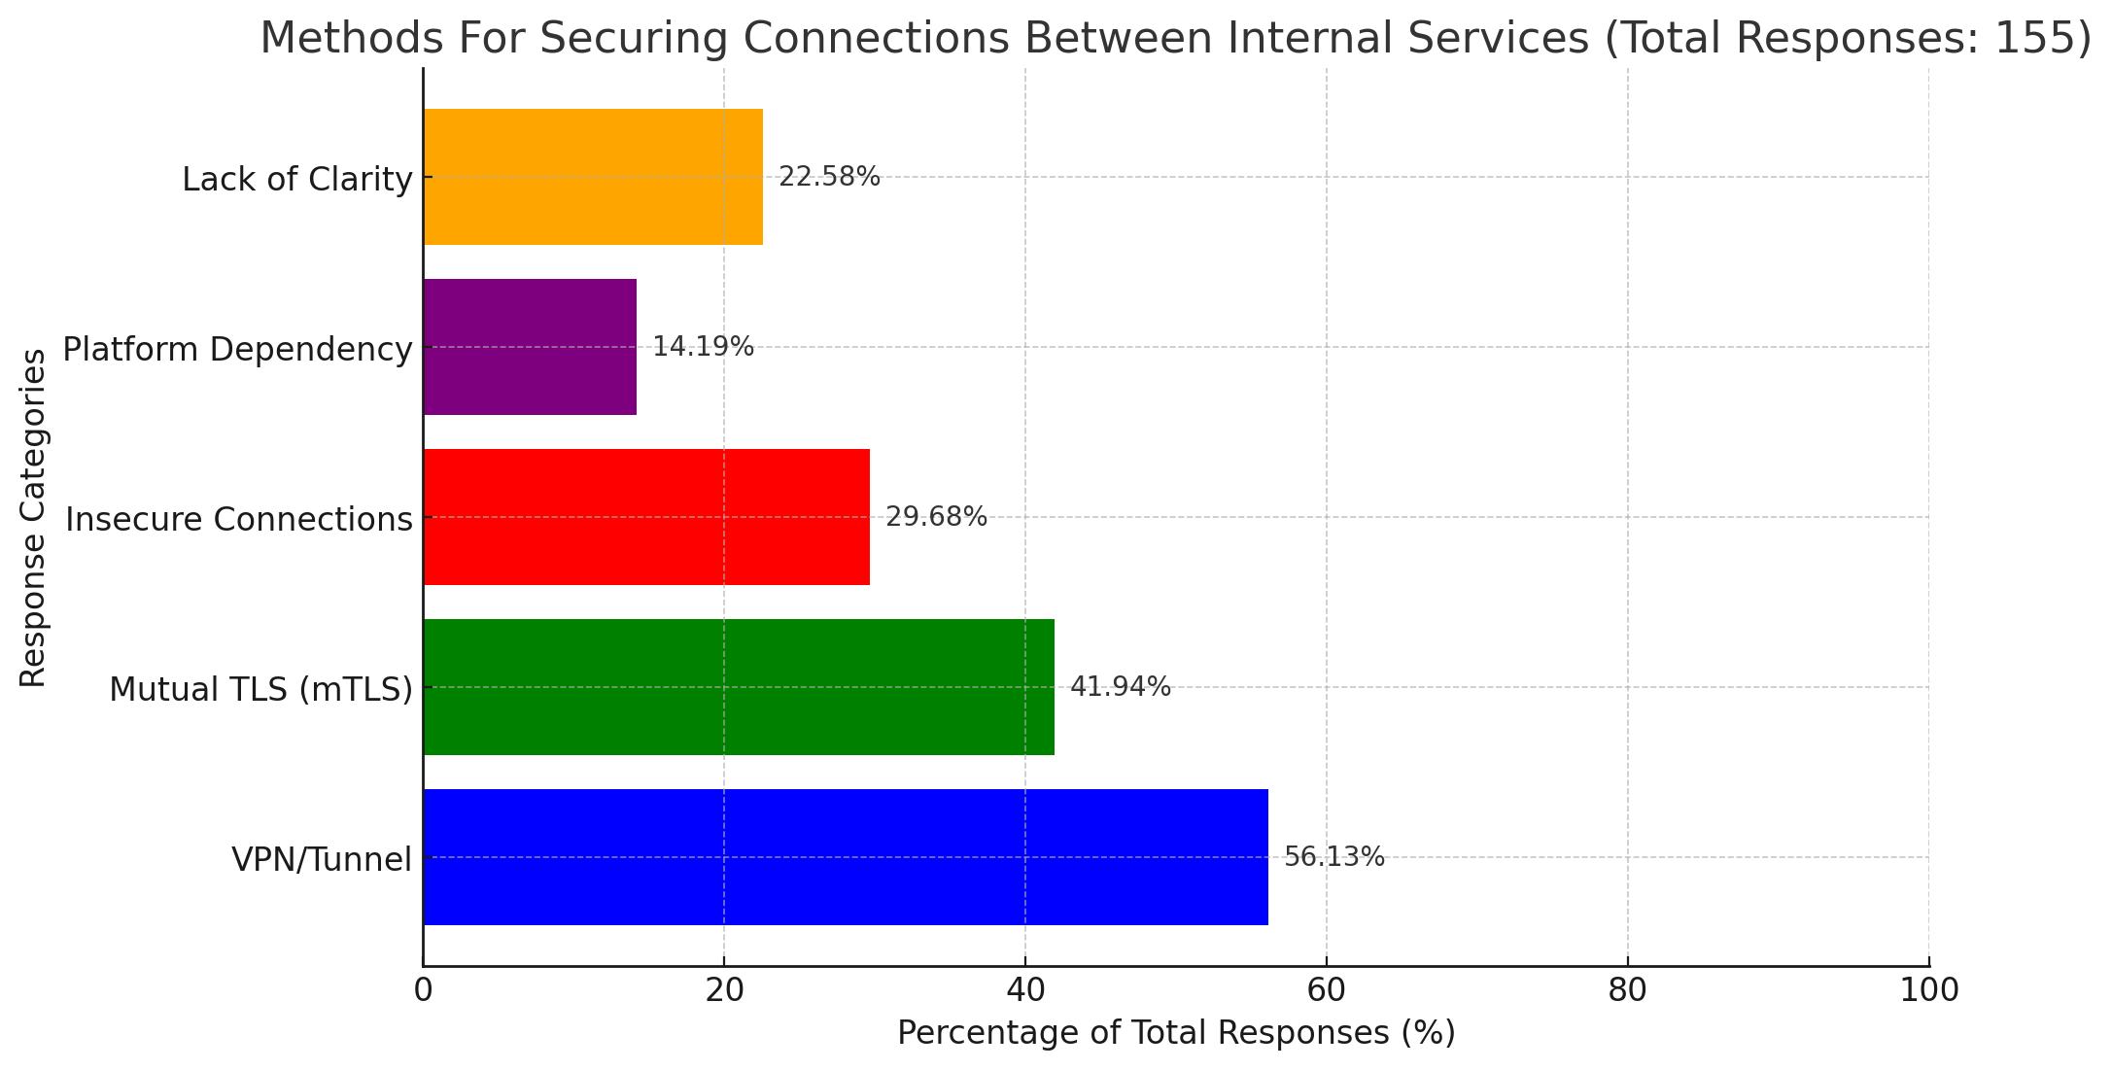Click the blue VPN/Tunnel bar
[845, 856]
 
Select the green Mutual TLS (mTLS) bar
[738, 686]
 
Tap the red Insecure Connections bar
[645, 516]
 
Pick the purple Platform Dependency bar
[530, 346]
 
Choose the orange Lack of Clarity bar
[592, 176]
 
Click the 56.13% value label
[1333, 856]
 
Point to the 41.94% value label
[1120, 686]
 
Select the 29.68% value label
[936, 516]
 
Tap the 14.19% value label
[703, 346]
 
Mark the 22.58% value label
[829, 176]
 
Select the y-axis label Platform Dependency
[237, 349]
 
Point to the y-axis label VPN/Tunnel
[321, 859]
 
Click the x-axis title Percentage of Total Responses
[1176, 1032]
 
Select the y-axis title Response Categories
[34, 517]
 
